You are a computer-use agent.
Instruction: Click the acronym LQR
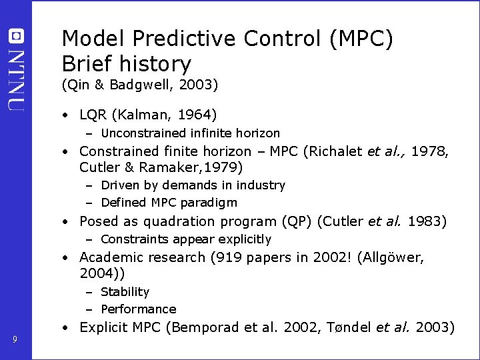94,115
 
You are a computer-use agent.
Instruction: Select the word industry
263,185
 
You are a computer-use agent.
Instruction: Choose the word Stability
125,292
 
